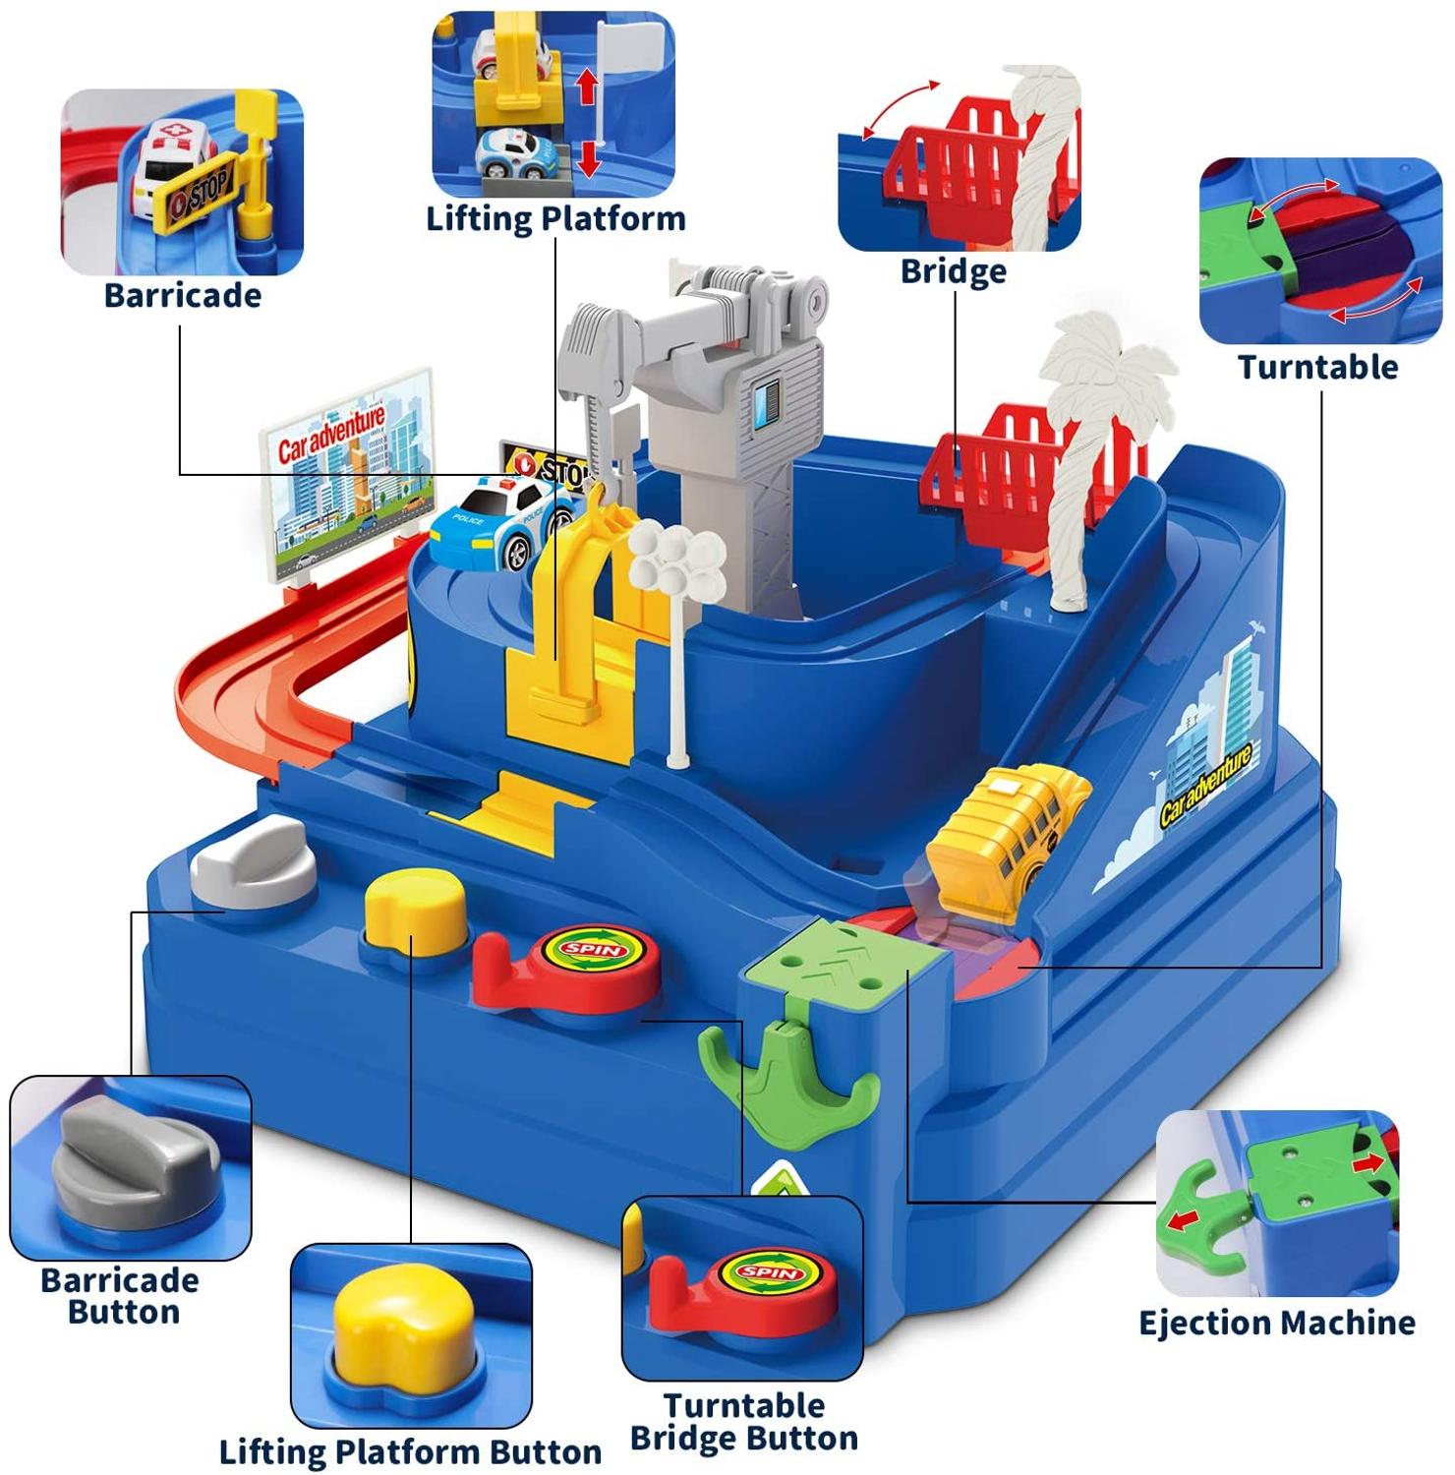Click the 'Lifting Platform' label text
[x=555, y=218]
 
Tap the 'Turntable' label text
[x=1317, y=367]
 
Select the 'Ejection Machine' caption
[x=1276, y=1323]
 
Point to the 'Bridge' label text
[x=953, y=270]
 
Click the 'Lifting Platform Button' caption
[x=410, y=1451]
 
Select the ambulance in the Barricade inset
[x=169, y=167]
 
